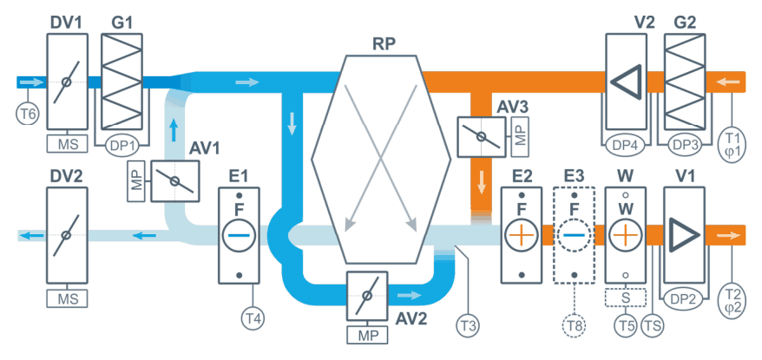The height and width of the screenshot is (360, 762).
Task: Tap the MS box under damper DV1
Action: click(68, 144)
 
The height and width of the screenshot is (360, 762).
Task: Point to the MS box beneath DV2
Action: click(68, 298)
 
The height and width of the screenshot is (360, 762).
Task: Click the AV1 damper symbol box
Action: click(174, 181)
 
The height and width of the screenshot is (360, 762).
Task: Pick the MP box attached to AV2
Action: click(367, 335)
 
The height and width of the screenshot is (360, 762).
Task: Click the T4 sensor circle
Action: click(252, 318)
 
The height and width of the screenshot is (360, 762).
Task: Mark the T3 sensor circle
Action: click(467, 323)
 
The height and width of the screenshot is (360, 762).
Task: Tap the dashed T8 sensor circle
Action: click(574, 324)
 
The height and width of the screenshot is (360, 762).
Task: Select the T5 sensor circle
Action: click(626, 323)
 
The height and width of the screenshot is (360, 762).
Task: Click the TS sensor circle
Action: click(651, 323)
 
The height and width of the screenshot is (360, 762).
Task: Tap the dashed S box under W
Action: click(626, 298)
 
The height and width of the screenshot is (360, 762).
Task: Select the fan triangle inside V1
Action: click(684, 235)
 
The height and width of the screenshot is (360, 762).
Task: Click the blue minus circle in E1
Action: click(239, 236)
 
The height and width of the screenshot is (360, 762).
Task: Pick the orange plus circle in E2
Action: click(521, 236)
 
